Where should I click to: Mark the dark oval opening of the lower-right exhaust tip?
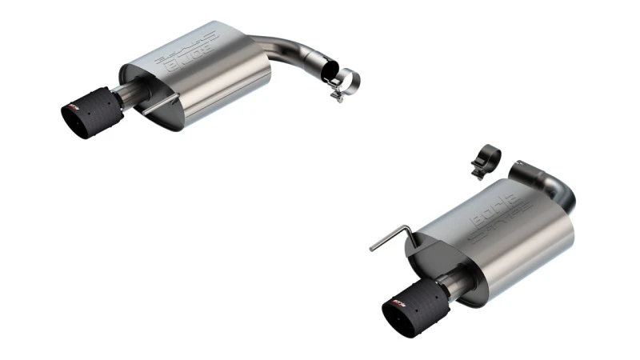click(x=395, y=313)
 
